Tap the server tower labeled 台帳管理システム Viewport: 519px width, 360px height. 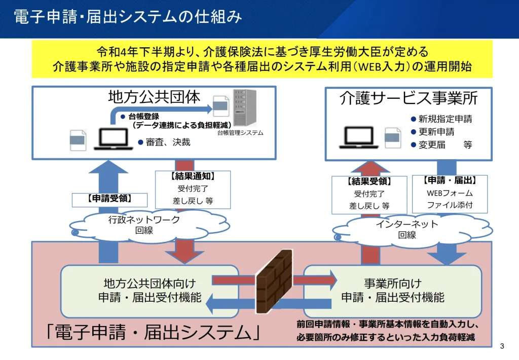[244, 108]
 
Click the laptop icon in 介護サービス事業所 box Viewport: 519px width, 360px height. [360, 136]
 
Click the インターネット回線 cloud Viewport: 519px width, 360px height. [407, 229]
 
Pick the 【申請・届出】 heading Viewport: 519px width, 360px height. [449, 180]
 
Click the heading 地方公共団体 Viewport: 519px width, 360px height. [155, 97]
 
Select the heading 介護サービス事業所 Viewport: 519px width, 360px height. [409, 98]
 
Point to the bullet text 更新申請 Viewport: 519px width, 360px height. [436, 132]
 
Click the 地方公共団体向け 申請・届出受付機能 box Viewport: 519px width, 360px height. [149, 291]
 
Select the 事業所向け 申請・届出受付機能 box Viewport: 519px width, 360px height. [393, 291]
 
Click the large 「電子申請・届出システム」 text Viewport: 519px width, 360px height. [153, 333]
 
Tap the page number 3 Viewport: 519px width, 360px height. [502, 346]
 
